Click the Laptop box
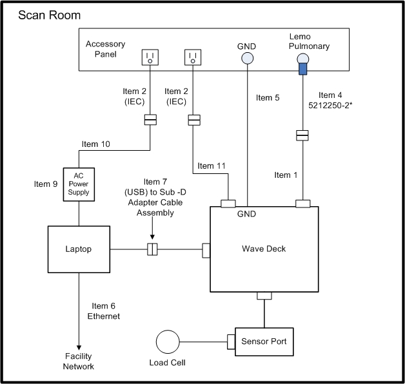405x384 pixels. [79, 249]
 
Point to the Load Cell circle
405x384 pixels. [170, 342]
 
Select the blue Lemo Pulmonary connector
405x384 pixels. [301, 66]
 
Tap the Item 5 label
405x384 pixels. [268, 98]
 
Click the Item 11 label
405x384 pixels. [212, 166]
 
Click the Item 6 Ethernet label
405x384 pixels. [103, 311]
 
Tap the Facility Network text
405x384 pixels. [79, 361]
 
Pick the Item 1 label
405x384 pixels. [287, 175]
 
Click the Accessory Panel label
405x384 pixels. [105, 49]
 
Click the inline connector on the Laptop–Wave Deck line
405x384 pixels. [153, 249]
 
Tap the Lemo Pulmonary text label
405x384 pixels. [309, 41]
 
